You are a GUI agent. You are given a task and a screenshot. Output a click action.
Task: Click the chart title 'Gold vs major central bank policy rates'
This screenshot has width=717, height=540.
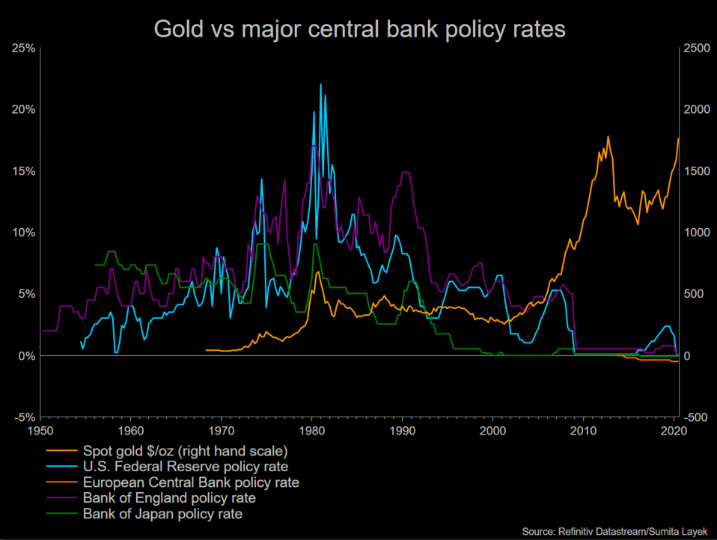[x=358, y=29]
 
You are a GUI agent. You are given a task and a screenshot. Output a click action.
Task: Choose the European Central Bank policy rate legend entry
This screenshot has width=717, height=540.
[x=191, y=482]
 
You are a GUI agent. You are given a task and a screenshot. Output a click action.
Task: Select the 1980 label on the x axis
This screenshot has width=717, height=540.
[x=312, y=432]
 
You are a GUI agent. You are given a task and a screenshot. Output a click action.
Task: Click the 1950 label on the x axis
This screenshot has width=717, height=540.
[x=40, y=432]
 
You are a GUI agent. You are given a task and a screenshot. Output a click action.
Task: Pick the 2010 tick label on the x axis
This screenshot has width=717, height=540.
[x=584, y=432]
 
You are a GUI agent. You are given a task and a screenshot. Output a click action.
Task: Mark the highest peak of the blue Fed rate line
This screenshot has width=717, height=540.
[x=320, y=84]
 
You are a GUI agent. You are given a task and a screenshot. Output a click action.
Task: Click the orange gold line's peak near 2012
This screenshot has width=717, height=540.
[x=608, y=137]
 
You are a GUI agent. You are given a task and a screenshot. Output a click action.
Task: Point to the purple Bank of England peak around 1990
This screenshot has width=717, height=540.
[x=405, y=173]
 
